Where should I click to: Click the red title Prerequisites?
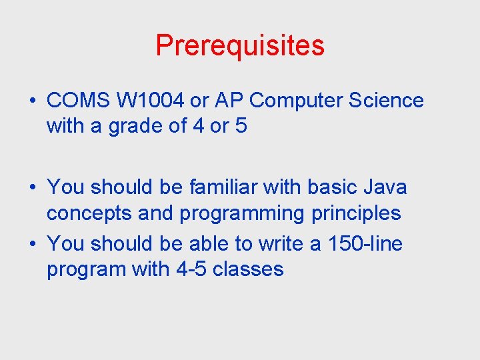click(240, 46)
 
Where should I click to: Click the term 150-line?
click(365, 244)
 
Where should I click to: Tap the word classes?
click(248, 269)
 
